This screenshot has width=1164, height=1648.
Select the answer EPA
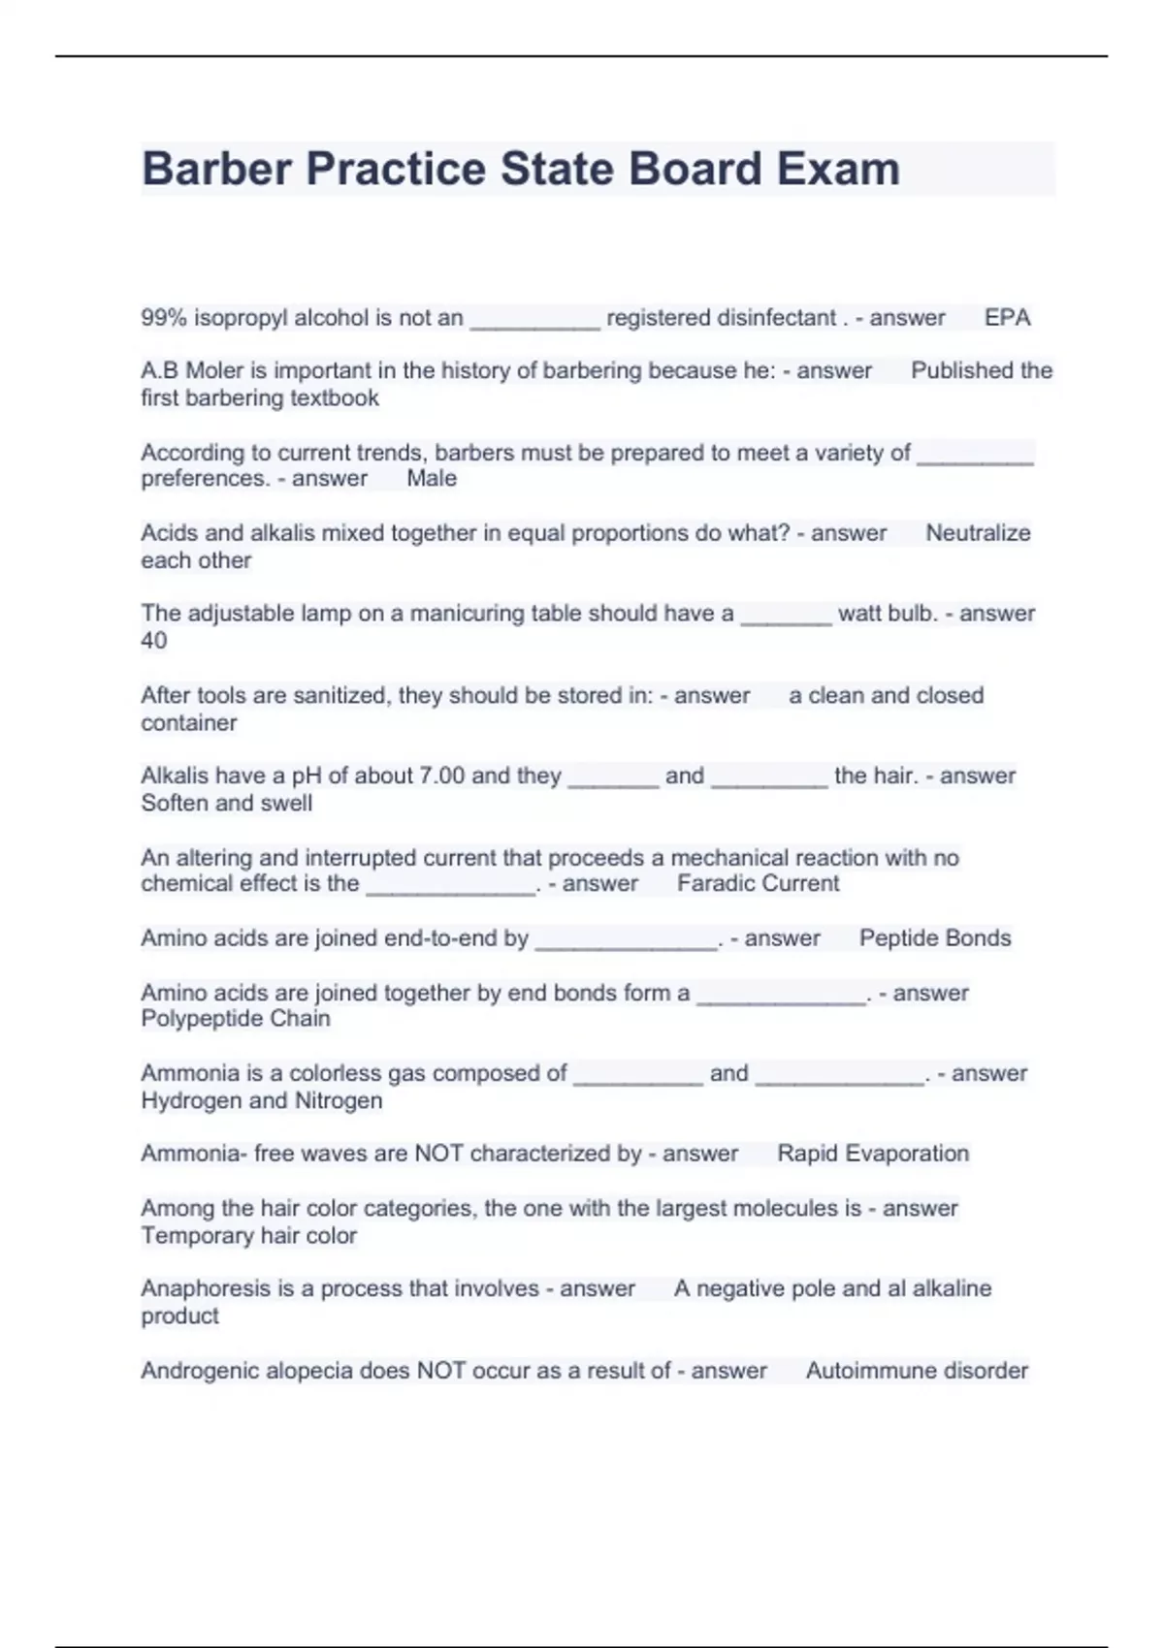pos(1007,318)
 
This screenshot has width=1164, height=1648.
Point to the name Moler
pos(214,370)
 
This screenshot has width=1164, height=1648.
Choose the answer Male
pos(432,478)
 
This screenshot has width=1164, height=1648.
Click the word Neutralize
pos(978,533)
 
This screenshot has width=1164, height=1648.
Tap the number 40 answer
pos(154,641)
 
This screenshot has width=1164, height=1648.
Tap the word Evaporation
pos(907,1154)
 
